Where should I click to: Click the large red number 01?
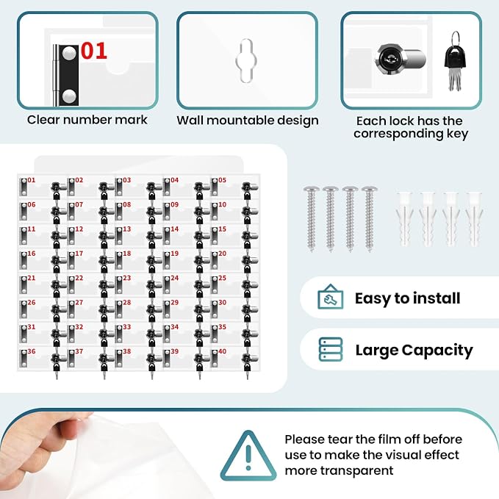point(94,51)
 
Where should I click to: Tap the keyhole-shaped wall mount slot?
point(246,60)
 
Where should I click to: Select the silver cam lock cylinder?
point(401,60)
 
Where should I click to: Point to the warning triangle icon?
point(248,456)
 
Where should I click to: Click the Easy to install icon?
point(330,297)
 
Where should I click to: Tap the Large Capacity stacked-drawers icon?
point(331,349)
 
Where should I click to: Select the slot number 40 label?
point(222,351)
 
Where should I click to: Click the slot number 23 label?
point(126,278)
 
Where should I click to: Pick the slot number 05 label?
point(222,180)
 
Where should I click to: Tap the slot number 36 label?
point(31,351)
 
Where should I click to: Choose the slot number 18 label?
point(126,254)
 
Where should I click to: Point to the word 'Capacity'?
point(437,351)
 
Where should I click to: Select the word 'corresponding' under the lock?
point(398,134)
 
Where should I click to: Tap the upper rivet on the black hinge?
point(69,53)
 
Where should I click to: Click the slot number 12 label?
point(79,229)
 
